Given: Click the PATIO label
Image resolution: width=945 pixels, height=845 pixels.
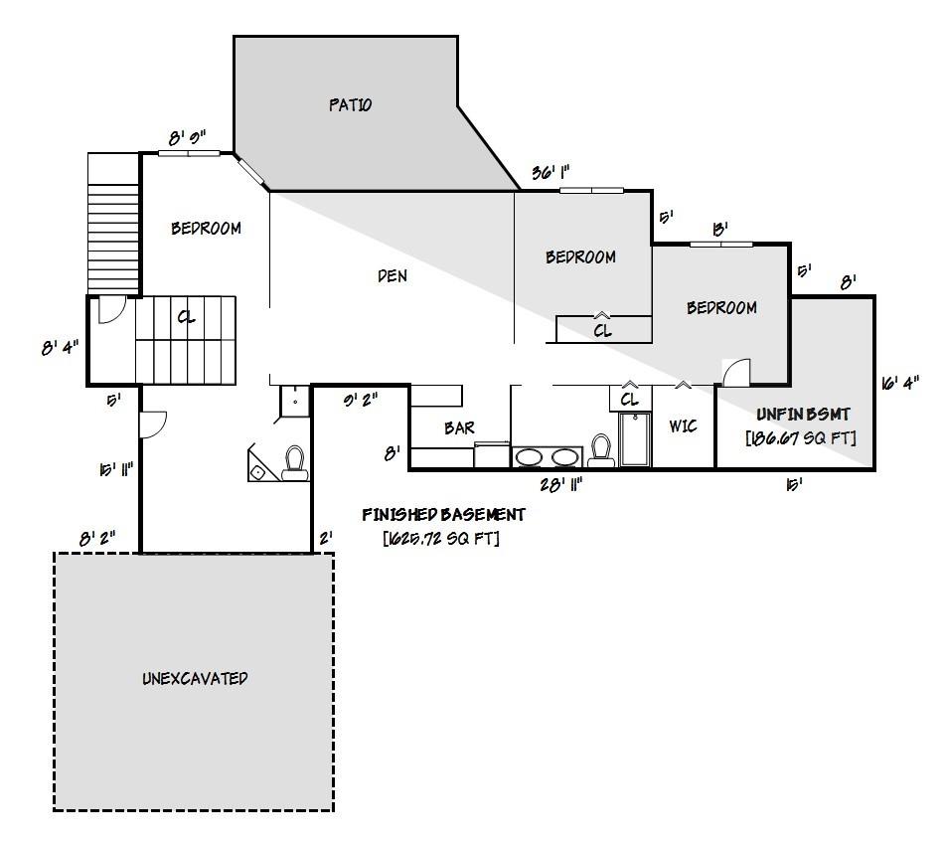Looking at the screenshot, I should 350,104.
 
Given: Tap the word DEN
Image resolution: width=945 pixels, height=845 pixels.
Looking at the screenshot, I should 393,276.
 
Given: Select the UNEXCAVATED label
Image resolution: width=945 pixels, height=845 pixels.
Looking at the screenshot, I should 194,679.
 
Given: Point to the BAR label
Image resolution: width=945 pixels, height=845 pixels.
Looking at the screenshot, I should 459,428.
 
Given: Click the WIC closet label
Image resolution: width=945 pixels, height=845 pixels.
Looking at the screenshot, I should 683,426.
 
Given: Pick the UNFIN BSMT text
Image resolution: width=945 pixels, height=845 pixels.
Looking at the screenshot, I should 803,414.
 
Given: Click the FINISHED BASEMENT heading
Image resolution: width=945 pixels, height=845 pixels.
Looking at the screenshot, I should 443,515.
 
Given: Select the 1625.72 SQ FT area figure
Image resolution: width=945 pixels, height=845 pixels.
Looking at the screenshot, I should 441,539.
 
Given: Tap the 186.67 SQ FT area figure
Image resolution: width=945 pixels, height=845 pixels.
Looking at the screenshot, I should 801,437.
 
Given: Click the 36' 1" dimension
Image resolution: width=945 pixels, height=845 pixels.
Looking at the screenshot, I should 550,172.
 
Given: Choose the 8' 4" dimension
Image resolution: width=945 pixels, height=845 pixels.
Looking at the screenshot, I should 59,348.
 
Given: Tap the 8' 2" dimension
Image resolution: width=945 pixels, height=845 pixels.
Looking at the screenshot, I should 97,538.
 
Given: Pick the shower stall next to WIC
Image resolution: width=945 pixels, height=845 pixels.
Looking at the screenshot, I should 633,439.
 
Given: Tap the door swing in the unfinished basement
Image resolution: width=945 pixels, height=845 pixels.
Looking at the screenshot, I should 735,372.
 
